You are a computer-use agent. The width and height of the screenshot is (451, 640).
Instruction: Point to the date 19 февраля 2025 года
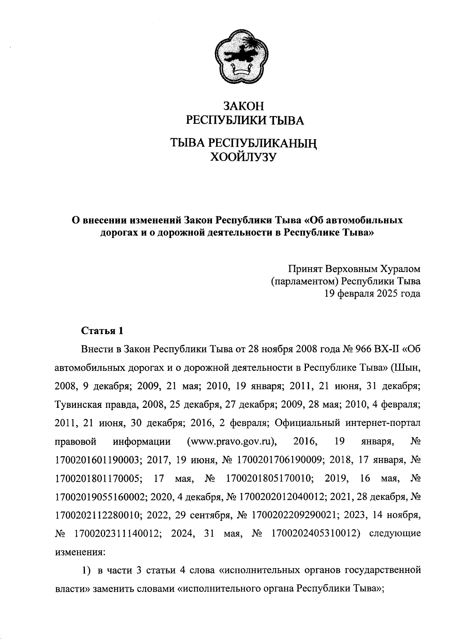372,293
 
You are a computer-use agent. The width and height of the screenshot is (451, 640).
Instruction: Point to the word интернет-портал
383,423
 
